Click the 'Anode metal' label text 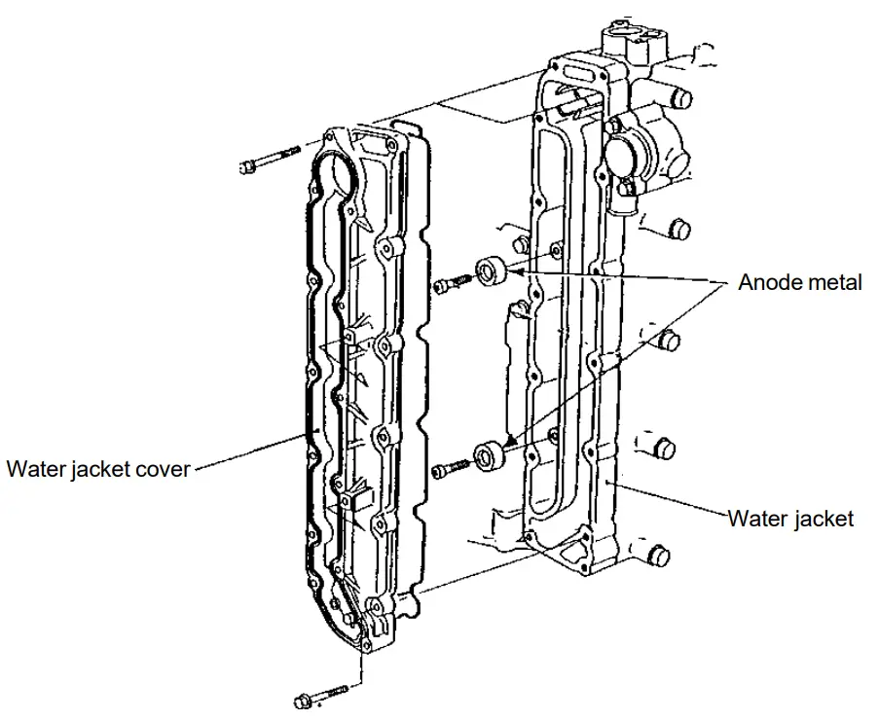point(799,282)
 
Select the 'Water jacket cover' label point(97,469)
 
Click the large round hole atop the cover point(341,175)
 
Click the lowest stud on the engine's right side point(659,556)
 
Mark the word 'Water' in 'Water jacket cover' point(33,469)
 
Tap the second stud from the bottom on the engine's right point(666,449)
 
